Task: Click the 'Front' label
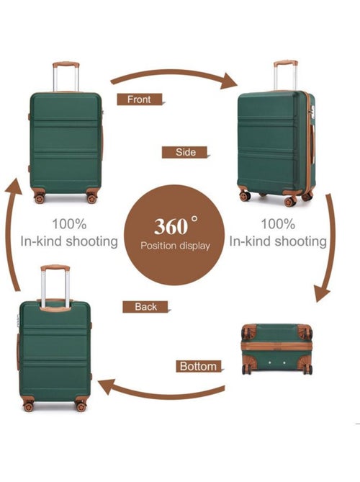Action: (x=139, y=99)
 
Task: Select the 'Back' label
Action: (x=145, y=306)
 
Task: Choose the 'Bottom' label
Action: (x=199, y=366)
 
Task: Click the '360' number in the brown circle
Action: (x=171, y=226)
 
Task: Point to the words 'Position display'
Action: (x=175, y=246)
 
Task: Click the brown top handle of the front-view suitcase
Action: (x=66, y=65)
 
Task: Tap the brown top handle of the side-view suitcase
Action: (x=286, y=63)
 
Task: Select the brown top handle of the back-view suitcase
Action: (x=55, y=268)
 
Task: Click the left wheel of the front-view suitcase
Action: (x=39, y=198)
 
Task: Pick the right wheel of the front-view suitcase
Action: (x=91, y=198)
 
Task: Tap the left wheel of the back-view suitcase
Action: (x=28, y=406)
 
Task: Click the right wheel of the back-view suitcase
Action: (x=81, y=406)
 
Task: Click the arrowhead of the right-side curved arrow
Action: (x=322, y=293)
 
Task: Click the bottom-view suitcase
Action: (x=277, y=349)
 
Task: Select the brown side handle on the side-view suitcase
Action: (x=312, y=144)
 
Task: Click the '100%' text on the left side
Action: (x=69, y=224)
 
